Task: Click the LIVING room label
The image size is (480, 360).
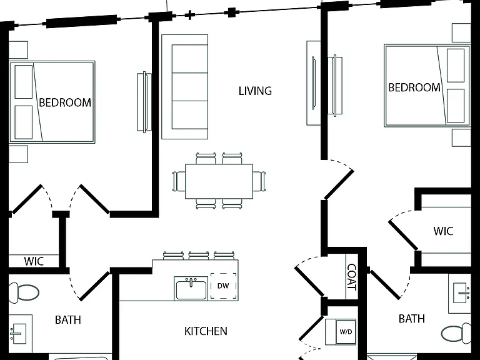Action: (255, 91)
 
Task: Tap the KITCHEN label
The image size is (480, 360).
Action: (206, 331)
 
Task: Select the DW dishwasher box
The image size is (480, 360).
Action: (224, 286)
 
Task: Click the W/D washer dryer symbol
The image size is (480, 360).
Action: (346, 332)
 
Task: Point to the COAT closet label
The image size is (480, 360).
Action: (352, 277)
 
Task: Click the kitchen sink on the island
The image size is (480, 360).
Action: (191, 288)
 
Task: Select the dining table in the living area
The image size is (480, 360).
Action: (219, 181)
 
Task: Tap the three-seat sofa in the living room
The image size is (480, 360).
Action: (185, 87)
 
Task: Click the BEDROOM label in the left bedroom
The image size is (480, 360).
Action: (65, 102)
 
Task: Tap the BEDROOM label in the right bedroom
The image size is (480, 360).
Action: (414, 87)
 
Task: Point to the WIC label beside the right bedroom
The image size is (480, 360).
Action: (443, 231)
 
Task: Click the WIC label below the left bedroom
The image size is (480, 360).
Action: (34, 261)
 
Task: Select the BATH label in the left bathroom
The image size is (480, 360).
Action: (68, 320)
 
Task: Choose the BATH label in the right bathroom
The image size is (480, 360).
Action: (412, 319)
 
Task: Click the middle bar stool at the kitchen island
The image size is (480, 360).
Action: (199, 256)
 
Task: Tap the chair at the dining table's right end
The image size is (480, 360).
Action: (259, 181)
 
